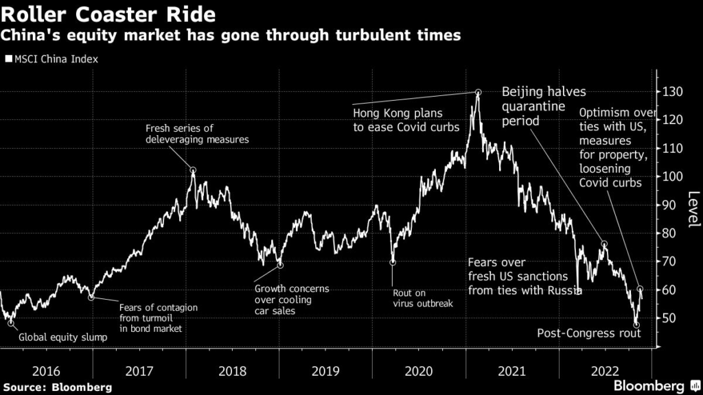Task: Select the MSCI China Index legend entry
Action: tap(52, 59)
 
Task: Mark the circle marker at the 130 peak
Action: tap(478, 93)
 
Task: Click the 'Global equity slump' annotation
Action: tap(63, 337)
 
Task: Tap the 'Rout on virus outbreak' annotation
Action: tap(422, 298)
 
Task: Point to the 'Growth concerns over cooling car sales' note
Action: tap(291, 300)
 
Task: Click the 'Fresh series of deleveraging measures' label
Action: tap(197, 133)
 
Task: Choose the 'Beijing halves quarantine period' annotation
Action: tap(543, 106)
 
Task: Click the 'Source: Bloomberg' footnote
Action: tap(56, 387)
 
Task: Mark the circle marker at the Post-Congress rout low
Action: tap(636, 324)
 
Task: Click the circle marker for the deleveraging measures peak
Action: tap(194, 170)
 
